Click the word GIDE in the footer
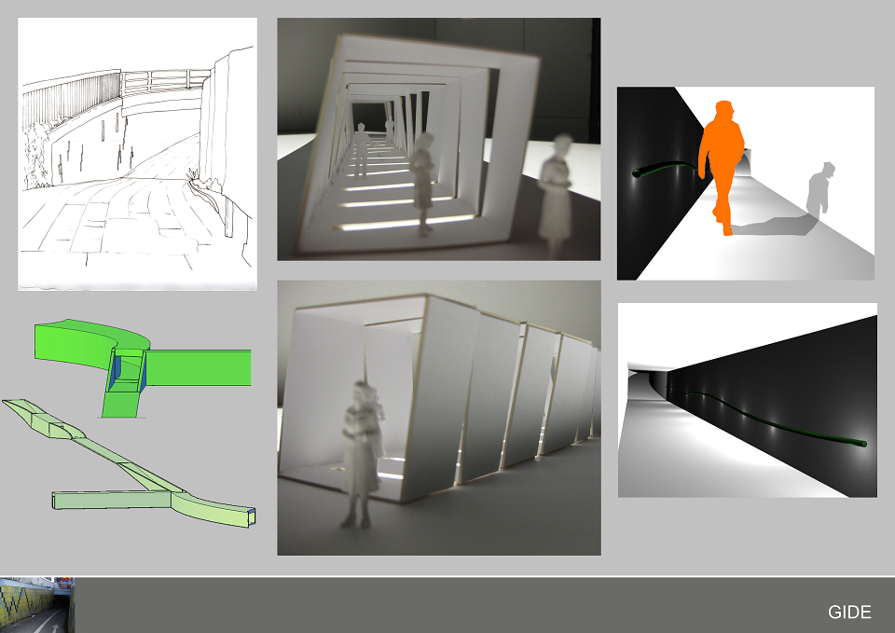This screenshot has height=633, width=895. coord(849,612)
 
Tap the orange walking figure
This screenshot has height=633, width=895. coord(722,166)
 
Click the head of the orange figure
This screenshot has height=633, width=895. coord(724,111)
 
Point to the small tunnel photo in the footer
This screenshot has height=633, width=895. coord(37,605)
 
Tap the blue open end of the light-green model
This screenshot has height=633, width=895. coord(252,516)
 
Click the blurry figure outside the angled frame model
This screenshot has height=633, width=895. coord(556,194)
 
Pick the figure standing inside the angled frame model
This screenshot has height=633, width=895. coord(422,183)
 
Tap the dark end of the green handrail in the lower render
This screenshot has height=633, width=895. coord(863,444)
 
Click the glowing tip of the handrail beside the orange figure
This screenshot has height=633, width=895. coord(637,172)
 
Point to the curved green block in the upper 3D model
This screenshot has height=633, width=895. coord(92,341)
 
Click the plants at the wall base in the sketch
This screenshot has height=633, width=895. coord(35,154)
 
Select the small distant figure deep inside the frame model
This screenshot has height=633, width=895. coord(361,149)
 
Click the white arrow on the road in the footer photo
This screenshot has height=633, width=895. coord(55,626)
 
